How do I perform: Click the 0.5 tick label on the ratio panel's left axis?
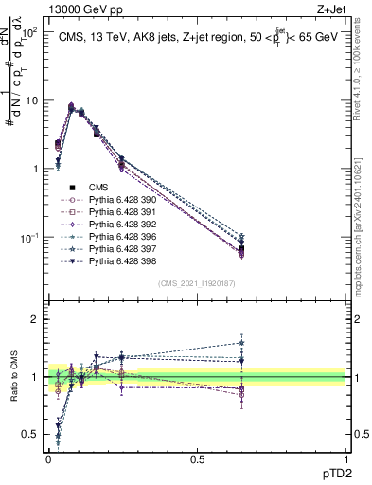click(29, 435)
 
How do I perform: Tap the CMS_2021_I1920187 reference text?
click(196, 283)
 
